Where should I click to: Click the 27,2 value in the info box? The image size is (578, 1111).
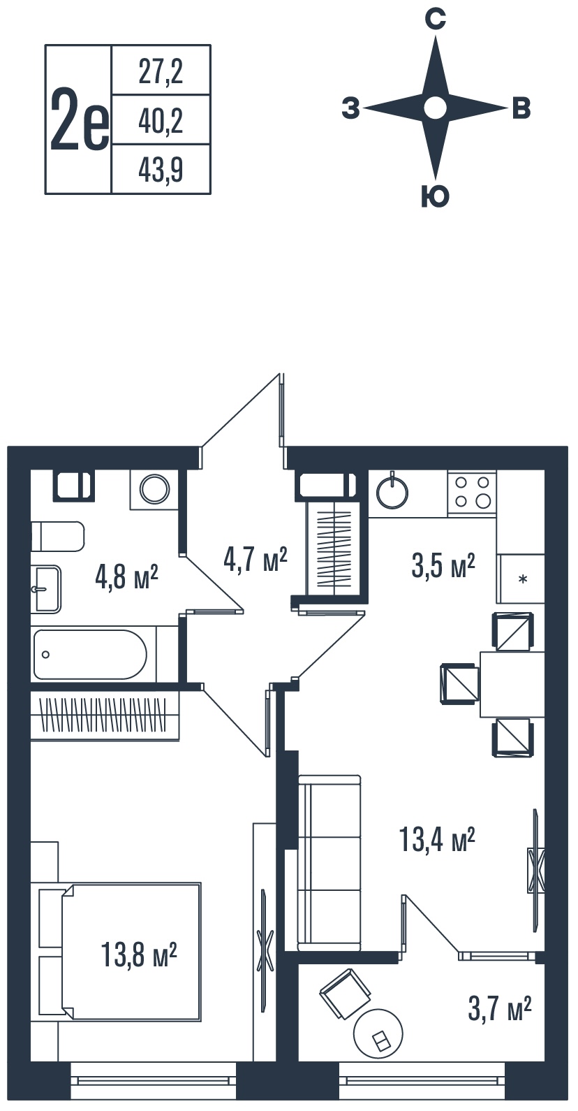161,71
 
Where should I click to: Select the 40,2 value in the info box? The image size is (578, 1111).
161,121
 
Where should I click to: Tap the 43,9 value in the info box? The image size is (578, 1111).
161,170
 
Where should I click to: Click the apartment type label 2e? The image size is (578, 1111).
80,120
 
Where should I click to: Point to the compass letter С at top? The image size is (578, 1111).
435,19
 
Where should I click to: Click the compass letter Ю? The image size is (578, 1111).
435,196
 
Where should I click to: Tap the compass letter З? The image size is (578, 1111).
350,108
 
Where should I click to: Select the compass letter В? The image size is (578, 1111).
521,108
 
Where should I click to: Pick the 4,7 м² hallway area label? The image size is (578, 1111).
255,560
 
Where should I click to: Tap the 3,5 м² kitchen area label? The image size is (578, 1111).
443,566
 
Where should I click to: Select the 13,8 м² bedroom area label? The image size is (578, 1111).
139,955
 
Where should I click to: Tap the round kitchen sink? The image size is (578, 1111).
392,493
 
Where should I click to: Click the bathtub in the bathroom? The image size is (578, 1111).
90,655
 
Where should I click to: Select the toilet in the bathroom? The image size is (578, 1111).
57,536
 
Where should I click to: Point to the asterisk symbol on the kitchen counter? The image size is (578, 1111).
522,579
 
